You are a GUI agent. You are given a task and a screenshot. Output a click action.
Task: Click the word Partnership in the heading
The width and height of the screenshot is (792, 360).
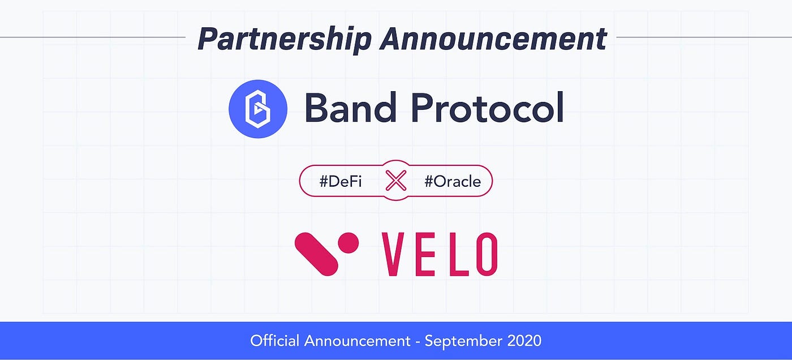pos(284,39)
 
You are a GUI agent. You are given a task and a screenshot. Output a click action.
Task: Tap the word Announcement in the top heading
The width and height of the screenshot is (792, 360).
pos(493,39)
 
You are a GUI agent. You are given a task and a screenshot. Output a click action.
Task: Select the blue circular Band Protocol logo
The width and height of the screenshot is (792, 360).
pos(258,109)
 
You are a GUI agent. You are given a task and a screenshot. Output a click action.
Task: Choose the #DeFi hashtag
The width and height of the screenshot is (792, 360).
pos(341,182)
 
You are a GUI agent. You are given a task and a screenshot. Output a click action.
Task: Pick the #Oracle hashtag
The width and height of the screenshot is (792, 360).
pos(452,182)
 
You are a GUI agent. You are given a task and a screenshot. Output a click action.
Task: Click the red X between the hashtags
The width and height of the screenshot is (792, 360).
pos(396,181)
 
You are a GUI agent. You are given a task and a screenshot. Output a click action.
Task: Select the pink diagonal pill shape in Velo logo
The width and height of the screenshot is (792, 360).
pos(316,254)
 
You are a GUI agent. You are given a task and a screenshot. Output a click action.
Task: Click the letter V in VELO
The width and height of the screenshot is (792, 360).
pos(394,254)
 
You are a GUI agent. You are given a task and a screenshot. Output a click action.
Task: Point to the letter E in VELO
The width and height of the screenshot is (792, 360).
pos(425,254)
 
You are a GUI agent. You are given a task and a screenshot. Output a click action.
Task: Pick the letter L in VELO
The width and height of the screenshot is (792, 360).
pos(453,254)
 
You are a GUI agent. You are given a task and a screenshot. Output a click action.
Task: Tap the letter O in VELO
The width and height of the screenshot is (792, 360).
pos(484,254)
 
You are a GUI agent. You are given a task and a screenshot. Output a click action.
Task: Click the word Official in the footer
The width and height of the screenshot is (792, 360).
pos(274,341)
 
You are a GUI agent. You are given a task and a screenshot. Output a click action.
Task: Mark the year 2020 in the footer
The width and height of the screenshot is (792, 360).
pos(524,341)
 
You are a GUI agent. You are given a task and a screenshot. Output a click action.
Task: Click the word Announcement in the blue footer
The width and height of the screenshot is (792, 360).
pos(357,341)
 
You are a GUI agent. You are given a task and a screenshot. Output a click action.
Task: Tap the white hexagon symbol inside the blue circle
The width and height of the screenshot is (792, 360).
pos(258,109)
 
